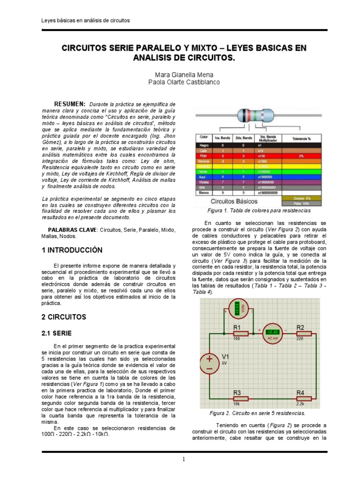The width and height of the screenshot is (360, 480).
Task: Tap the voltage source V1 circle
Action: click(210, 363)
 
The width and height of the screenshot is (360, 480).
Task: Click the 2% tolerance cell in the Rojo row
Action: click(300, 155)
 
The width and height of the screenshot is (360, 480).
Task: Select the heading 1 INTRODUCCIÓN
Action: click(72, 250)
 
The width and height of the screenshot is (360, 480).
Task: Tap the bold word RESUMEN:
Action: click(69, 104)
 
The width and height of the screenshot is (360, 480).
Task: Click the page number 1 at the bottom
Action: click(184, 459)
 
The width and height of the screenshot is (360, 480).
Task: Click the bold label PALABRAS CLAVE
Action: click(72, 230)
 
